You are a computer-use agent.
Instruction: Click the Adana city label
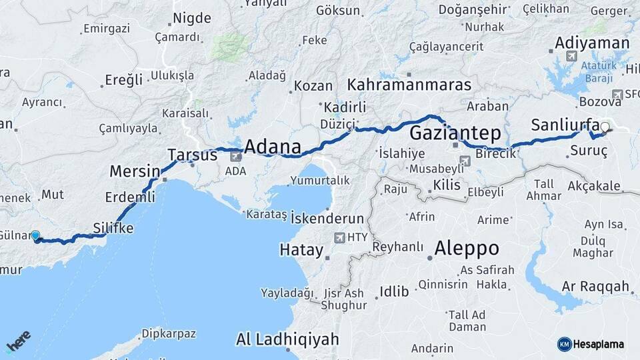(273, 147)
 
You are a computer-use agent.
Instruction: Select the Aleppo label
(467, 249)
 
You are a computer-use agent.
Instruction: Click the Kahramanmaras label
(409, 85)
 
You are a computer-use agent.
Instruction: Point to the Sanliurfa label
(565, 125)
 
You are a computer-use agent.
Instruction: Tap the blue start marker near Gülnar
(35, 235)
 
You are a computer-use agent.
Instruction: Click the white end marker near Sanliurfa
(605, 127)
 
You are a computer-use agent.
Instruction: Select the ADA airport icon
(236, 157)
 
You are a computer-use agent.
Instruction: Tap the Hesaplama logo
(591, 344)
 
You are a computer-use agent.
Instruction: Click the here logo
(18, 341)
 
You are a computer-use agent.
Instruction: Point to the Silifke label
(112, 228)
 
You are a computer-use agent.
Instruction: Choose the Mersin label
(135, 171)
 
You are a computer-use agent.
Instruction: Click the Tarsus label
(192, 155)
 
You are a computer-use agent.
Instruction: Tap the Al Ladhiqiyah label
(287, 339)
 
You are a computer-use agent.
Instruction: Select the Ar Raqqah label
(595, 287)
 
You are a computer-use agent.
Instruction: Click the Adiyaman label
(592, 43)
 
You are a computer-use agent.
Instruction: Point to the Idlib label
(389, 291)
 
